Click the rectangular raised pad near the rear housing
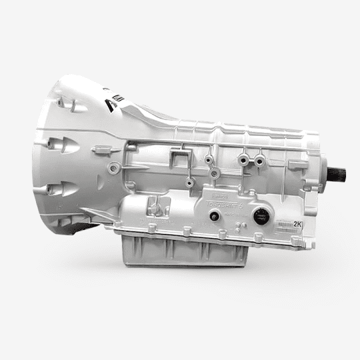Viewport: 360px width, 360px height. pos(298,164)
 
